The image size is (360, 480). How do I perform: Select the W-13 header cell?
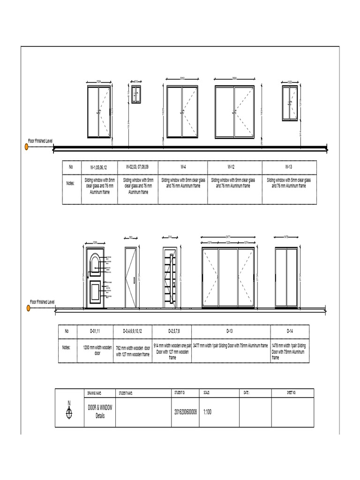click(289, 167)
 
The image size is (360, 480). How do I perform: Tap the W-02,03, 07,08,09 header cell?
click(138, 167)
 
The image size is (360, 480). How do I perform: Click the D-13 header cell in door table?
click(229, 331)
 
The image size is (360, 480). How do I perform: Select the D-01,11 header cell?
click(95, 331)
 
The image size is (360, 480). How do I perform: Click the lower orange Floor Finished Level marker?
click(28, 308)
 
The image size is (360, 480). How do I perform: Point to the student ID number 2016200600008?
click(186, 412)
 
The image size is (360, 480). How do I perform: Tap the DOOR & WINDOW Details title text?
click(100, 412)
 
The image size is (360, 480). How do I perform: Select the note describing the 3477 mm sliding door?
click(230, 345)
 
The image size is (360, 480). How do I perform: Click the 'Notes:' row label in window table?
click(70, 183)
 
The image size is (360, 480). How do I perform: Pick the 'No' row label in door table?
click(67, 331)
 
